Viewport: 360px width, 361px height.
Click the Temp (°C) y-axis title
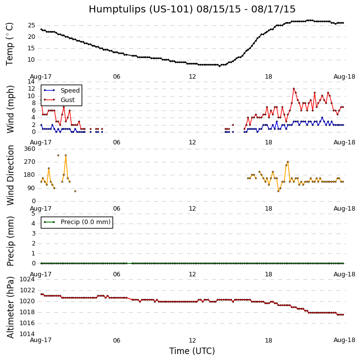point(10,44)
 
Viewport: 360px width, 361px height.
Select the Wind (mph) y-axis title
point(10,109)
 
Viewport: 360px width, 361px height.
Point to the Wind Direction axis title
point(10,175)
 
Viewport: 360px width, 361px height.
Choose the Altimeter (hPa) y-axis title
point(10,307)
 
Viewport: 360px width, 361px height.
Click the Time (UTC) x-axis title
point(192,351)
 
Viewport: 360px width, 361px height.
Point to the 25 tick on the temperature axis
point(31,25)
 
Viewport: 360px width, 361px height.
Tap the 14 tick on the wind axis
point(31,81)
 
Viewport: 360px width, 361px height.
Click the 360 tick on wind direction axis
point(29,149)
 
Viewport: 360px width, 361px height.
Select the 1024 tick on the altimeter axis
point(27,279)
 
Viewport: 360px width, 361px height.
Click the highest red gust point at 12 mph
point(294,89)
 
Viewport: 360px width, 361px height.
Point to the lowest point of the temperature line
point(219,66)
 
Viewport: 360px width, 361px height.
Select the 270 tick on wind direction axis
point(29,162)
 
